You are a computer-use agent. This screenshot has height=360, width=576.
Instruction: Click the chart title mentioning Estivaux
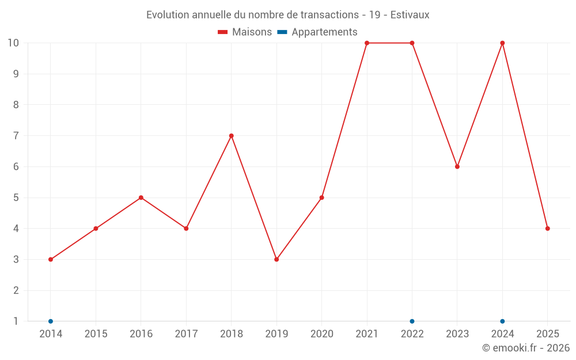click(x=287, y=14)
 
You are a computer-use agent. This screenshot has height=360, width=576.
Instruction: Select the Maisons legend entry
click(x=245, y=32)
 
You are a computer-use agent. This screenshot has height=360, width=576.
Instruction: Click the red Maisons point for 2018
click(x=232, y=136)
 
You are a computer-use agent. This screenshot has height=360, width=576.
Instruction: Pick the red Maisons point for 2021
click(x=367, y=43)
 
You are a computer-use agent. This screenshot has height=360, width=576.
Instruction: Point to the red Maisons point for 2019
click(x=276, y=259)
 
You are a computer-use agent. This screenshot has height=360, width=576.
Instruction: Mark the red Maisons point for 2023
click(x=457, y=166)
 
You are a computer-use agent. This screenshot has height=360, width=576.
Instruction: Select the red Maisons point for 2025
click(x=548, y=229)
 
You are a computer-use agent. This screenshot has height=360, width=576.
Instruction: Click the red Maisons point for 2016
click(x=141, y=198)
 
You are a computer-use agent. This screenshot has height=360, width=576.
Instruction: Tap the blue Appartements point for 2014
click(x=51, y=321)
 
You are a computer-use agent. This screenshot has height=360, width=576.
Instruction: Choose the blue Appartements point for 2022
click(x=412, y=321)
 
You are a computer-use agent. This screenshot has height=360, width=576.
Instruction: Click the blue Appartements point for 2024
click(x=502, y=321)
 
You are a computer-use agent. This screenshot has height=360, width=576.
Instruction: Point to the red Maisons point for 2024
click(x=502, y=43)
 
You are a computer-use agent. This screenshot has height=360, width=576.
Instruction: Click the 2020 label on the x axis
click(x=321, y=334)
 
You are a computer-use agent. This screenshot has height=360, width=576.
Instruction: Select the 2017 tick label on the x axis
click(x=186, y=334)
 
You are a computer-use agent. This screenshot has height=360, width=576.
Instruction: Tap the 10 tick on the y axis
click(x=13, y=43)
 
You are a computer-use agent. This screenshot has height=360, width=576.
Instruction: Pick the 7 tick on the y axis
click(x=16, y=136)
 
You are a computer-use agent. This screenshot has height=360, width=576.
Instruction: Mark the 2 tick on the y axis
click(x=16, y=290)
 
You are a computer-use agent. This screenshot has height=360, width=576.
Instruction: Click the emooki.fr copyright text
click(x=525, y=348)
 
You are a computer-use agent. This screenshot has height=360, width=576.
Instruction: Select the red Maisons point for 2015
click(x=96, y=229)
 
